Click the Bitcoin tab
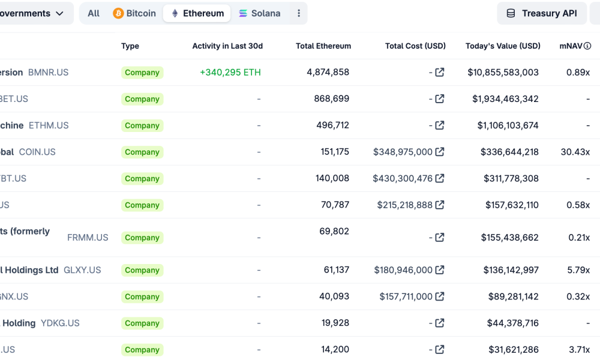coord(135,13)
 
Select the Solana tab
coord(259,13)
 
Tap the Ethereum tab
coord(197,13)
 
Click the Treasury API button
coord(541,13)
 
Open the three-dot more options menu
coord(299,13)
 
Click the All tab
coord(94,13)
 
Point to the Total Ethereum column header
coord(323,46)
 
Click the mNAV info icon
coord(587,46)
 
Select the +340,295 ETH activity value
coord(230,73)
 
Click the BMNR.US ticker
coord(49,73)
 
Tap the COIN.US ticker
coord(37,152)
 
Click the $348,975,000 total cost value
coord(403,152)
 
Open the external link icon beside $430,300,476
coord(440,178)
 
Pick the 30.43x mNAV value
coord(575,152)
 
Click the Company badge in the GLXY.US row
coord(142,270)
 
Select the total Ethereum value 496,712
coord(332,125)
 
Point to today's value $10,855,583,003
coord(503,73)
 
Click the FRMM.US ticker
coord(88,238)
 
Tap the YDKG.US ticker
coord(60,323)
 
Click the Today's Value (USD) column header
coord(503,46)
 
